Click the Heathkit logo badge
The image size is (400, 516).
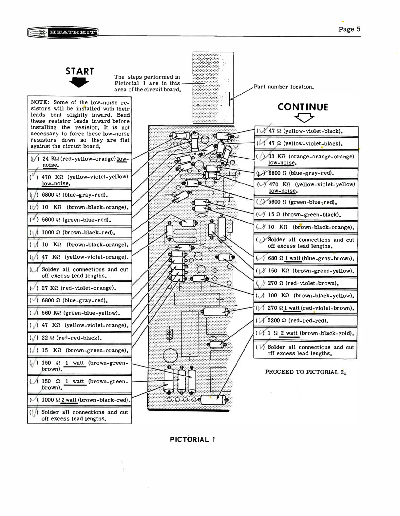pyautogui.click(x=63, y=32)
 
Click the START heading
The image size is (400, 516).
pyautogui.click(x=80, y=71)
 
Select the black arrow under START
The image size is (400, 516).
pyautogui.click(x=79, y=83)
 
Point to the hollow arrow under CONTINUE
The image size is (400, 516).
pyautogui.click(x=304, y=117)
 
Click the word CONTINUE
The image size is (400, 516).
pyautogui.click(x=303, y=107)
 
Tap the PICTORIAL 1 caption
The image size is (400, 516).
pyautogui.click(x=192, y=440)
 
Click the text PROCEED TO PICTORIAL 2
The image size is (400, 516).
pyautogui.click(x=305, y=372)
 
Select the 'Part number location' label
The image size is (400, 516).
pyautogui.click(x=284, y=87)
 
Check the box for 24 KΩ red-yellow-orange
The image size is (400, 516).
pyautogui.click(x=35, y=159)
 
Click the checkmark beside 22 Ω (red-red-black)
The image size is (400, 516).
pyautogui.click(x=34, y=338)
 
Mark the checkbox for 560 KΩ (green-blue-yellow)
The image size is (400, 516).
pyautogui.click(x=34, y=313)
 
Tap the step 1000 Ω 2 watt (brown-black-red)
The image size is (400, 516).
pyautogui.click(x=86, y=400)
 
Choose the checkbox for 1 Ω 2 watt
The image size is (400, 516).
pyautogui.click(x=261, y=333)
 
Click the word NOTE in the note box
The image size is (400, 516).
pyautogui.click(x=40, y=102)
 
